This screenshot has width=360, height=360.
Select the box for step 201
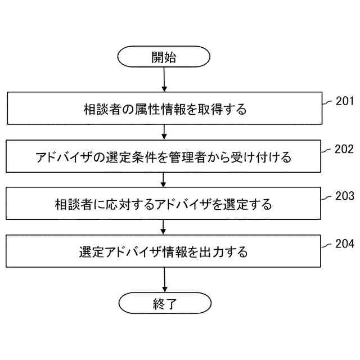pyautogui.click(x=163, y=109)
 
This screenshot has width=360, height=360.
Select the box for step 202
pyautogui.click(x=163, y=156)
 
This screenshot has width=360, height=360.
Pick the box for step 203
pyautogui.click(x=163, y=204)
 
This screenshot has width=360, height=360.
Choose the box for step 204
pyautogui.click(x=163, y=251)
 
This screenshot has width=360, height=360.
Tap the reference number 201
pyautogui.click(x=344, y=102)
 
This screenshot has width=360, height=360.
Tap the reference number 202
pyautogui.click(x=344, y=150)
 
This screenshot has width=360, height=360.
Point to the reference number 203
pyautogui.click(x=344, y=197)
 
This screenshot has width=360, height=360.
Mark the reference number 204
pyautogui.click(x=344, y=244)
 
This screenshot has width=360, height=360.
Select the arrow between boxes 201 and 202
pyautogui.click(x=164, y=132)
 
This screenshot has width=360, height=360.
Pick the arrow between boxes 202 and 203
pyautogui.click(x=164, y=180)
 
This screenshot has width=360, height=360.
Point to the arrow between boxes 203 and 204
pyautogui.click(x=164, y=227)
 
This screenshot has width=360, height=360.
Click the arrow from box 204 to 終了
pyautogui.click(x=164, y=279)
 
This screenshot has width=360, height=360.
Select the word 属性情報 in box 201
pyautogui.click(x=160, y=109)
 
